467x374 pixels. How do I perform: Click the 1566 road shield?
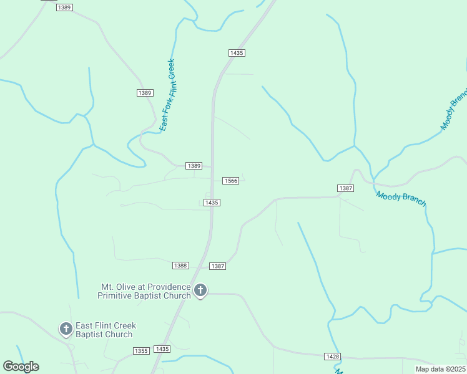point(231,181)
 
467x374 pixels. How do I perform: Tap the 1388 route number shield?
point(180,266)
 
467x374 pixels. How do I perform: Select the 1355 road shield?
point(141,351)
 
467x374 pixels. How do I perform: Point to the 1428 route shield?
point(332,356)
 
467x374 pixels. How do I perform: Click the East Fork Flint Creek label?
point(167,95)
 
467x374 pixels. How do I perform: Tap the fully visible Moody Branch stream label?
point(401,199)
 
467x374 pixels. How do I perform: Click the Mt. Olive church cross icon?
point(200,290)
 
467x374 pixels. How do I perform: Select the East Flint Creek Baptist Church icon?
point(66,328)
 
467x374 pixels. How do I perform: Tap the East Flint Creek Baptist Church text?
point(106,330)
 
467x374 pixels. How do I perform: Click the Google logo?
point(21,367)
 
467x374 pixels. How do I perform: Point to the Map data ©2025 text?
point(440,369)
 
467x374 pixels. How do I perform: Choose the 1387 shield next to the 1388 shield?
point(217,266)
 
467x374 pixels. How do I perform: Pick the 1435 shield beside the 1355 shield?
point(162,349)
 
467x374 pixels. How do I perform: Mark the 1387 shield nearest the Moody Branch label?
point(346,188)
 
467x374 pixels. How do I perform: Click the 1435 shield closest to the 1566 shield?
point(212,203)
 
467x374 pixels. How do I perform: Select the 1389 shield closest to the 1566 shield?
point(194,166)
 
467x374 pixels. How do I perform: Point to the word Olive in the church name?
point(127,287)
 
